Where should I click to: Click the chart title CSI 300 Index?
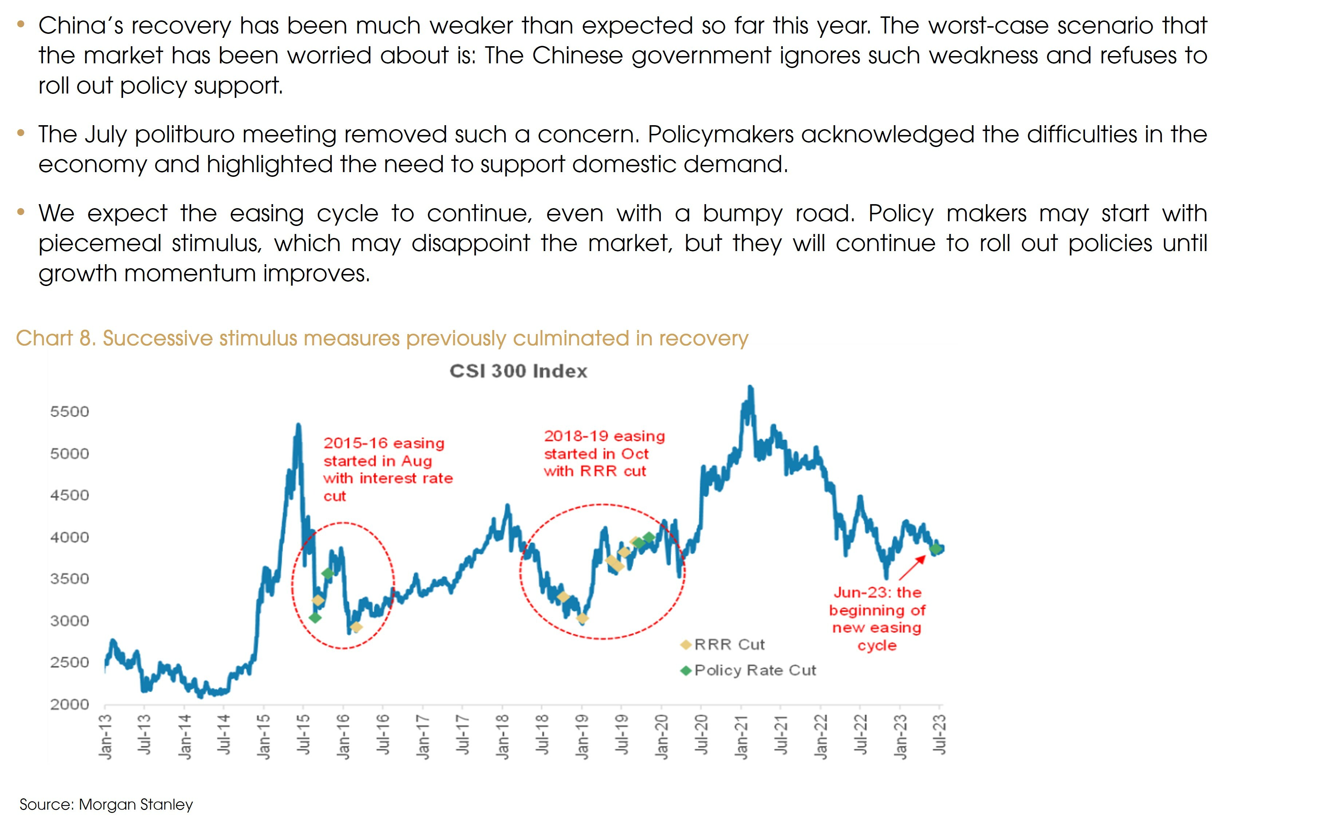(518, 371)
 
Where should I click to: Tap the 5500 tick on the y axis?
(69, 412)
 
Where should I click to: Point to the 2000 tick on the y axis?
(69, 704)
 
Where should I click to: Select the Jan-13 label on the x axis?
(105, 736)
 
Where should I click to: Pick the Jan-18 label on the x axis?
(502, 736)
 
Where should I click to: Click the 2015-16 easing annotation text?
(387, 469)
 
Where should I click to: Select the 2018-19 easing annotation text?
(604, 453)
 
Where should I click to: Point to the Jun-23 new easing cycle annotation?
(877, 619)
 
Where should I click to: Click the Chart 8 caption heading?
(382, 339)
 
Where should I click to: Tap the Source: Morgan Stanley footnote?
(106, 805)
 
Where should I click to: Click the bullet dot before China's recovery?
(21, 24)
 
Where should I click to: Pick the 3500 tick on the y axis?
(69, 579)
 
